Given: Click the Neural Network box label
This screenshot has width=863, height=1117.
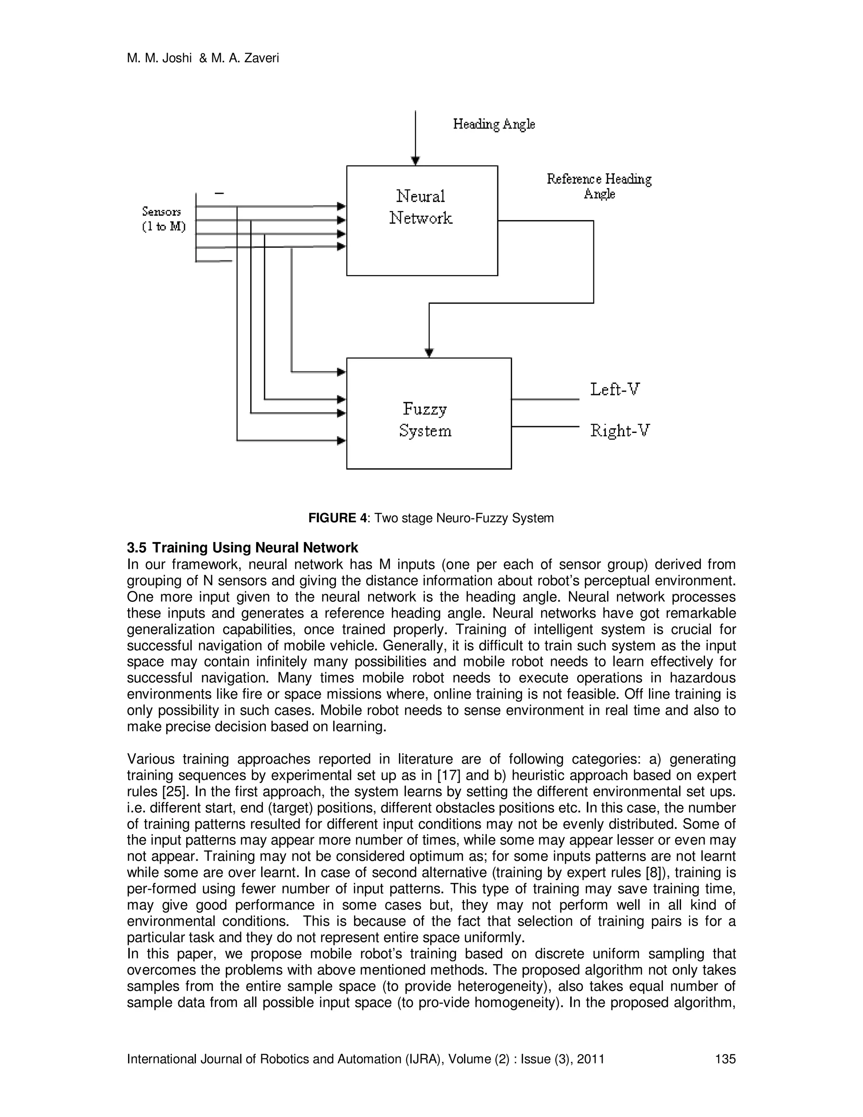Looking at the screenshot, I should pyautogui.click(x=421, y=207).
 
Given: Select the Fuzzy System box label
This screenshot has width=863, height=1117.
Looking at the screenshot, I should pyautogui.click(x=425, y=420).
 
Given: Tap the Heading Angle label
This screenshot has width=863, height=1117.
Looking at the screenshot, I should pyautogui.click(x=494, y=124).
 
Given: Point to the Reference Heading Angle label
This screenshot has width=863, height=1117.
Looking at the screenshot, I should pyautogui.click(x=599, y=186).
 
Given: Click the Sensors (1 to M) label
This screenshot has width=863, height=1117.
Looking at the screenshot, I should pyautogui.click(x=163, y=219).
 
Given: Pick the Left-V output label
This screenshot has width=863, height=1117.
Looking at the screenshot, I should pyautogui.click(x=615, y=390).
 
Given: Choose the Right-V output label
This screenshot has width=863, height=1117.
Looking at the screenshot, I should pyautogui.click(x=619, y=431).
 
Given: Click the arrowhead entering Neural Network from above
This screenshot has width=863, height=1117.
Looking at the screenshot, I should pyautogui.click(x=415, y=161).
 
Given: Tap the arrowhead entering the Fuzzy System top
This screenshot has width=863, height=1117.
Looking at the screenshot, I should pyautogui.click(x=429, y=353).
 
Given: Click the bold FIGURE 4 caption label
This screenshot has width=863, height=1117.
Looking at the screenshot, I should pyautogui.click(x=338, y=518).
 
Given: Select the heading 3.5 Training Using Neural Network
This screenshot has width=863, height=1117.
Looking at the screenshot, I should pyautogui.click(x=242, y=548).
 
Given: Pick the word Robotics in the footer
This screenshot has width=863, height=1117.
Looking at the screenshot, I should pyautogui.click(x=282, y=1059).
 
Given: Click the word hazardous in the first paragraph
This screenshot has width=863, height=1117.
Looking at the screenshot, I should pyautogui.click(x=702, y=678).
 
